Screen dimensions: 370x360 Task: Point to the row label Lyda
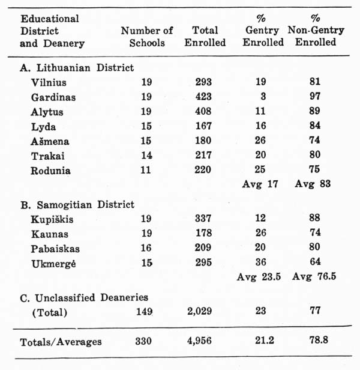[x=43, y=126]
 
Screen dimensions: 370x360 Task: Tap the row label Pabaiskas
[x=55, y=248]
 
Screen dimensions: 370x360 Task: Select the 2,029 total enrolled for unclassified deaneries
[x=205, y=312]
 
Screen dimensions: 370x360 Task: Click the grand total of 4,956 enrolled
[x=206, y=342]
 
